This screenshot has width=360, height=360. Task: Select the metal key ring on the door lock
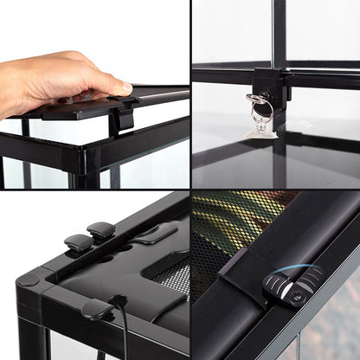point(260,109)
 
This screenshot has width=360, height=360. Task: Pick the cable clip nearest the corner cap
point(79,243)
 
